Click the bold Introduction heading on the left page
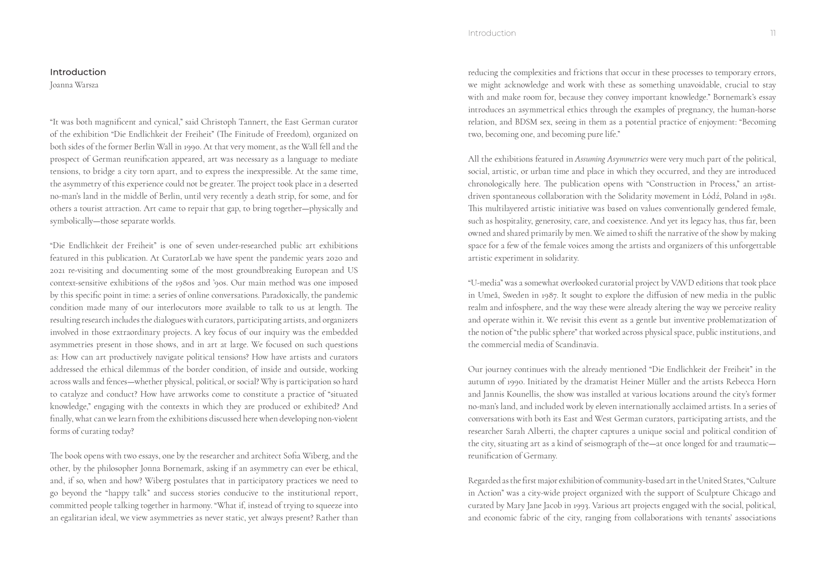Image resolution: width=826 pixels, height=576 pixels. (x=78, y=72)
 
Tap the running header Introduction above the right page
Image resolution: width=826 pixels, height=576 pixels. (x=492, y=33)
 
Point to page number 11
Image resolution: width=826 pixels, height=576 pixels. (x=773, y=33)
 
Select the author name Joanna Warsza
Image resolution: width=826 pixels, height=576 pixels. (x=74, y=85)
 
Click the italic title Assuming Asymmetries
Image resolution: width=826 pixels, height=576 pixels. (x=611, y=159)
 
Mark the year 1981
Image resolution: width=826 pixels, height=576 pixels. (x=767, y=196)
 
